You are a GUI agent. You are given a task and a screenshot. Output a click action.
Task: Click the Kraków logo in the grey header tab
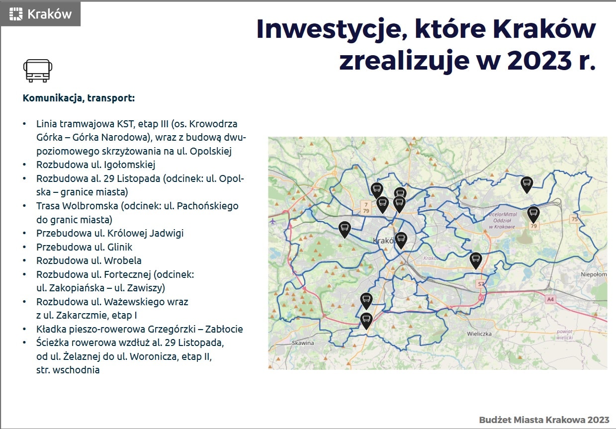(x=40, y=14)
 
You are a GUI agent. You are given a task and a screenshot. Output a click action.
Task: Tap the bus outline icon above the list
(x=38, y=71)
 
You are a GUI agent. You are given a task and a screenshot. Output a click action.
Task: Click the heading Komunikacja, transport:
(x=79, y=98)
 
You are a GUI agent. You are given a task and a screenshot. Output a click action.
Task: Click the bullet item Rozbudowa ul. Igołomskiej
(x=95, y=165)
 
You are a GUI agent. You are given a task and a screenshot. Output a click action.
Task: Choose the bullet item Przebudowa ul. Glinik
(x=84, y=247)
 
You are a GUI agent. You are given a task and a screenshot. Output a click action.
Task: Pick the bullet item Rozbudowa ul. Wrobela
(x=89, y=260)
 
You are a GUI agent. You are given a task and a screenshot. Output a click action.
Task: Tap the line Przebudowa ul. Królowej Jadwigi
(x=110, y=234)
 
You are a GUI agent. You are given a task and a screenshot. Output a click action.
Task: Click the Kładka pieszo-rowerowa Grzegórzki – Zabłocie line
(x=139, y=329)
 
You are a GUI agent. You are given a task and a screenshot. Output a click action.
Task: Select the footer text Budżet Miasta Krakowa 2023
(x=544, y=420)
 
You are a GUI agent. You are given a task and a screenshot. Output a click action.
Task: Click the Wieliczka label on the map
(x=479, y=334)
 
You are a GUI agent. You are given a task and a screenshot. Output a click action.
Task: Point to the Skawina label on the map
(x=303, y=343)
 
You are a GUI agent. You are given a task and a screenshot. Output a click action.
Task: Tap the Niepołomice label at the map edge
(x=594, y=274)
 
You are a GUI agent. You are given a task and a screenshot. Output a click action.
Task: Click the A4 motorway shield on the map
(x=550, y=299)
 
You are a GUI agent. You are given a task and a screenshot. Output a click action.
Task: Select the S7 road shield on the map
(x=481, y=284)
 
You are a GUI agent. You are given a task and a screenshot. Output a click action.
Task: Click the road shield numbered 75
(x=574, y=219)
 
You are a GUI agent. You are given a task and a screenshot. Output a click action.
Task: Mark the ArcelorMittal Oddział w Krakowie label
(x=502, y=220)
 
